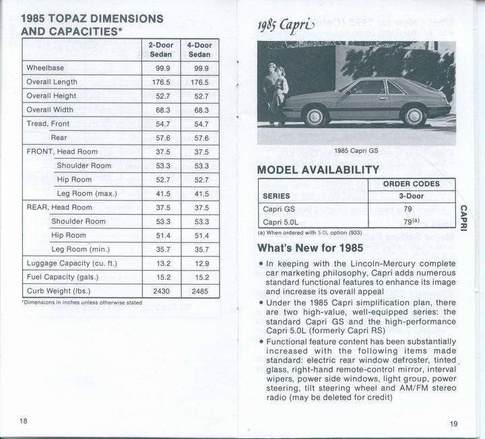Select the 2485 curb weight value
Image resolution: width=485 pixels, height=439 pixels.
[200, 292]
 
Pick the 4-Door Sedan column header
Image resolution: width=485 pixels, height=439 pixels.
[200, 49]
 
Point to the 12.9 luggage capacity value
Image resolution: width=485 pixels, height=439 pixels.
[200, 263]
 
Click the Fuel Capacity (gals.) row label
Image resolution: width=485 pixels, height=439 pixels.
[62, 277]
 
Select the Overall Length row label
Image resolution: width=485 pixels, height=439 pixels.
[53, 81]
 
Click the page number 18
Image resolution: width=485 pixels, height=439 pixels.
[24, 421]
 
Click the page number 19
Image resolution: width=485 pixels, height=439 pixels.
[453, 424]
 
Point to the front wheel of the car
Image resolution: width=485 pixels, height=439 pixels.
[314, 117]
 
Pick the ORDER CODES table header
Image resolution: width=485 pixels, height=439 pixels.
[411, 184]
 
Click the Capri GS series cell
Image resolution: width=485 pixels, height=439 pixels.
[279, 209]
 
